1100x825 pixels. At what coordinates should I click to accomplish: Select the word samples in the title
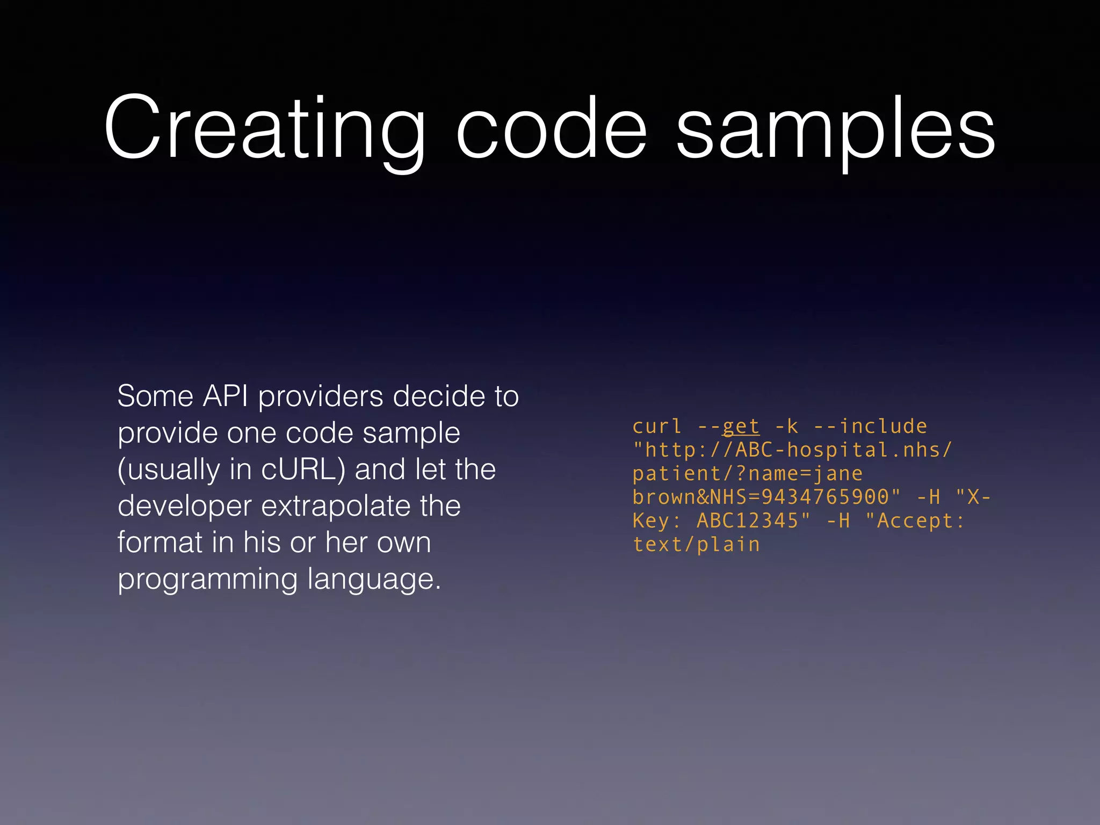point(836,132)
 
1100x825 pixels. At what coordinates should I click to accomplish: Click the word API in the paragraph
point(225,396)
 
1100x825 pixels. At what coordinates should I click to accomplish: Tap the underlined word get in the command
point(741,426)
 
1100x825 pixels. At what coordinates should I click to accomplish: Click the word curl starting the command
point(657,426)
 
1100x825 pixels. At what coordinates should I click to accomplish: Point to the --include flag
point(871,426)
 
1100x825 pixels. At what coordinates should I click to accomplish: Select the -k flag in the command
point(786,426)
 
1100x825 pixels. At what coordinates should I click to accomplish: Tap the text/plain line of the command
point(696,545)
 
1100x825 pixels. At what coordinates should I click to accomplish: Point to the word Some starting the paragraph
point(155,396)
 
